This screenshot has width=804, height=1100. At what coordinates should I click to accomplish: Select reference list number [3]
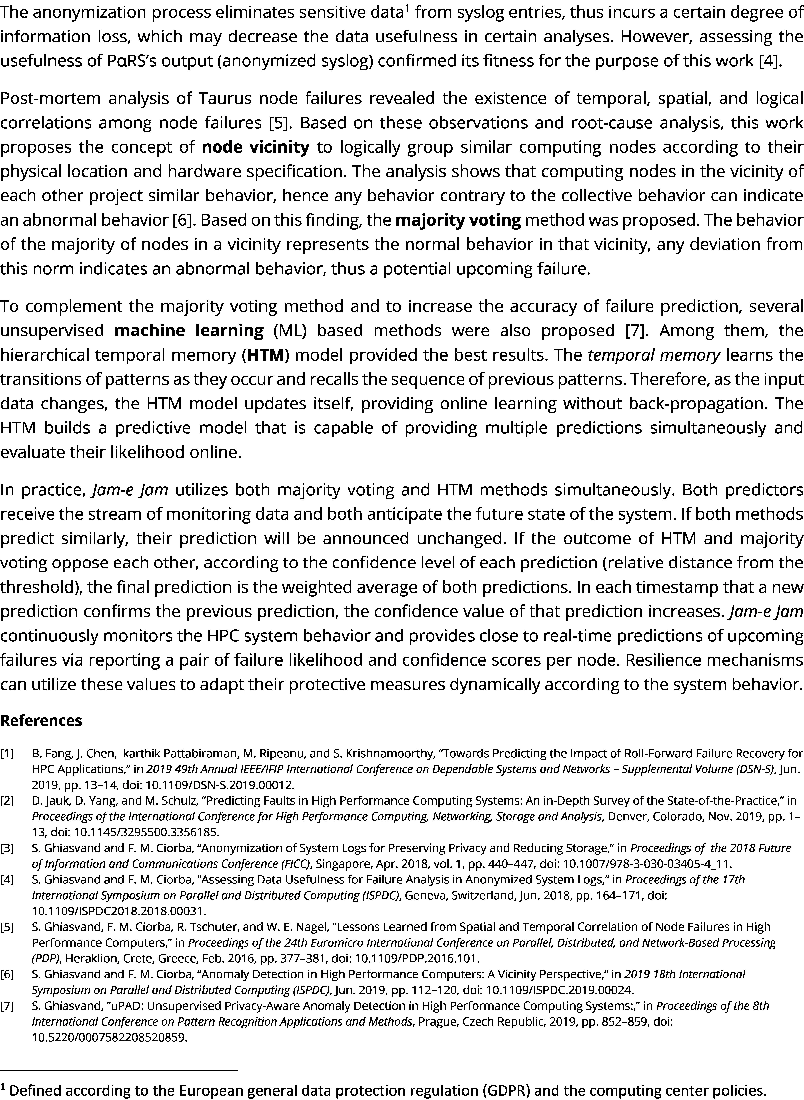point(7,848)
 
